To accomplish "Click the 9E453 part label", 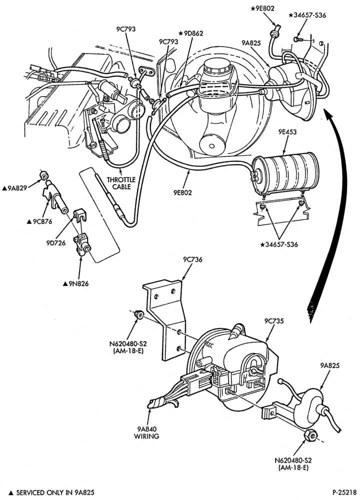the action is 287,132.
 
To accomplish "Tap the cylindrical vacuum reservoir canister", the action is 284,173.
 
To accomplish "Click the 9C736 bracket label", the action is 192,259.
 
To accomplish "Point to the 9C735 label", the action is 274,321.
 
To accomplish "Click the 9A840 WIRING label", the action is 146,432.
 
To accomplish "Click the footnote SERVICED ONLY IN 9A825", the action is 51,492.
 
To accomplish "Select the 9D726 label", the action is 55,242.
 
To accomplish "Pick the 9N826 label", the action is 75,283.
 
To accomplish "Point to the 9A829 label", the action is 14,188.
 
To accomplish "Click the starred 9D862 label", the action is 190,33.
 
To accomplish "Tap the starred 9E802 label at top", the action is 262,8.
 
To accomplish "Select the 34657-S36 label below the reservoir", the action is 279,244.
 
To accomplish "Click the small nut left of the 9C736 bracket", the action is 138,314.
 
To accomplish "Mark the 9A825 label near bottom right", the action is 329,366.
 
